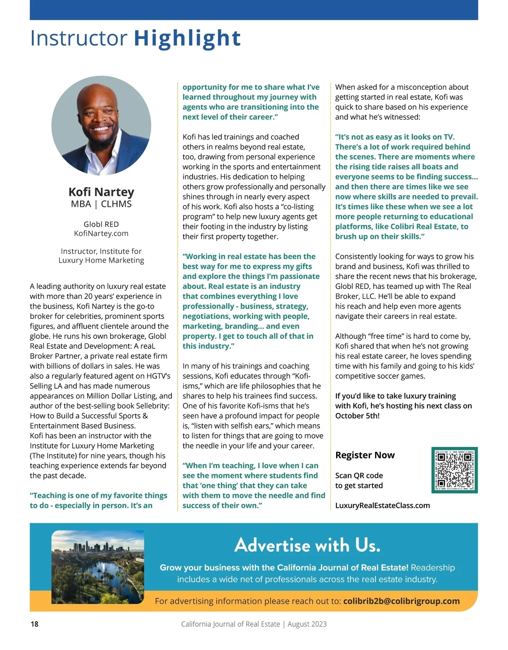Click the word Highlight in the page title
187,38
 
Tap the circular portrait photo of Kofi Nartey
101,126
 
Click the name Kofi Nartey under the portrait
101,192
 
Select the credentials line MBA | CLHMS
101,204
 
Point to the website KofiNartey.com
101,233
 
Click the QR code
455,470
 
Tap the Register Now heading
364,455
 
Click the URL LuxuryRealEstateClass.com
382,506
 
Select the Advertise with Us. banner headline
307,545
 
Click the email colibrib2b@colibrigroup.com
401,601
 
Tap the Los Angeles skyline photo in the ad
98,567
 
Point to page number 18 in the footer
34,624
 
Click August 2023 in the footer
307,624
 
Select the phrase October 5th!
357,416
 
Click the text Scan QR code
359,476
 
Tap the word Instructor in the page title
79,38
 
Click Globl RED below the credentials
101,224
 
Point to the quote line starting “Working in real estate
249,257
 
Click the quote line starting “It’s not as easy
395,137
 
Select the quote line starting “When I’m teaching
250,466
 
